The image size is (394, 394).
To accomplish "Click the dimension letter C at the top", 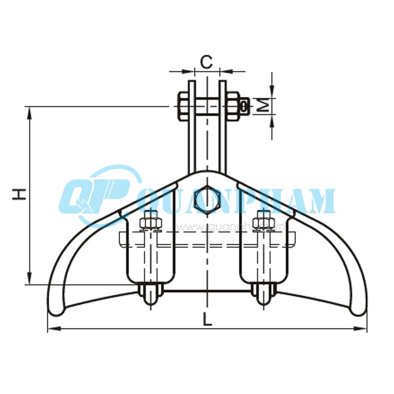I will click(x=207, y=62).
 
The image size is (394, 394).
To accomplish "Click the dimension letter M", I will click(x=264, y=105).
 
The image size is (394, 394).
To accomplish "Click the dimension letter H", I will click(x=19, y=194).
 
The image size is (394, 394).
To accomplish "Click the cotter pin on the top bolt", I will click(x=244, y=105).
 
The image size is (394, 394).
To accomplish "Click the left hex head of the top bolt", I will click(x=182, y=105).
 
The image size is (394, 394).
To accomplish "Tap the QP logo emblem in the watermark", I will click(x=96, y=195).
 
